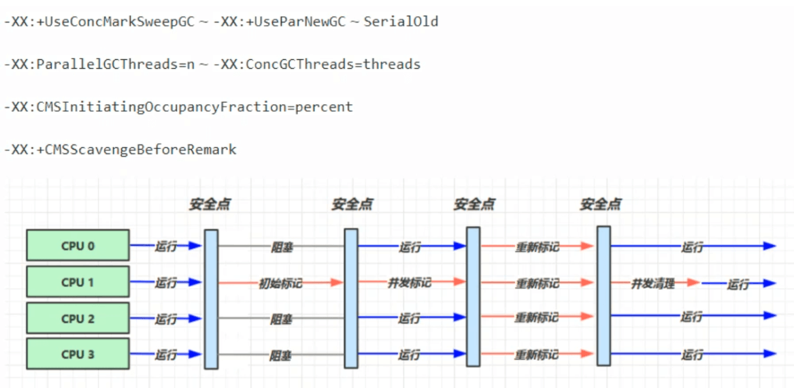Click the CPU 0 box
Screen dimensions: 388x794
(78, 246)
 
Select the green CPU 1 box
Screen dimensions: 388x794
(78, 282)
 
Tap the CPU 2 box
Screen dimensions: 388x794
(78, 319)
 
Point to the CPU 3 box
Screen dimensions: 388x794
(78, 354)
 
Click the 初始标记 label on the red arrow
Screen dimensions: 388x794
(280, 282)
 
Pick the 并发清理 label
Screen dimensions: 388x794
(652, 282)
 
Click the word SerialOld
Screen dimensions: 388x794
(401, 22)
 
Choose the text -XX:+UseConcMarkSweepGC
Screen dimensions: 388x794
(100, 22)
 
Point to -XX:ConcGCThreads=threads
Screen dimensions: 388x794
(317, 65)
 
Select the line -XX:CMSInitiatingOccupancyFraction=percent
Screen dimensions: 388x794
(178, 107)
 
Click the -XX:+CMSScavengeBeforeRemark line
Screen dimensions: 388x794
(120, 150)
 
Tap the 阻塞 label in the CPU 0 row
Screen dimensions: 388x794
(281, 247)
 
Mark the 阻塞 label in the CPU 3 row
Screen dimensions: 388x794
(281, 355)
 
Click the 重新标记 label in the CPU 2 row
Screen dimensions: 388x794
(536, 318)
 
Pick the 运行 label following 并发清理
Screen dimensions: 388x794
(738, 284)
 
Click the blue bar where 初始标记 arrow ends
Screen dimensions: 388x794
(351, 297)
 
